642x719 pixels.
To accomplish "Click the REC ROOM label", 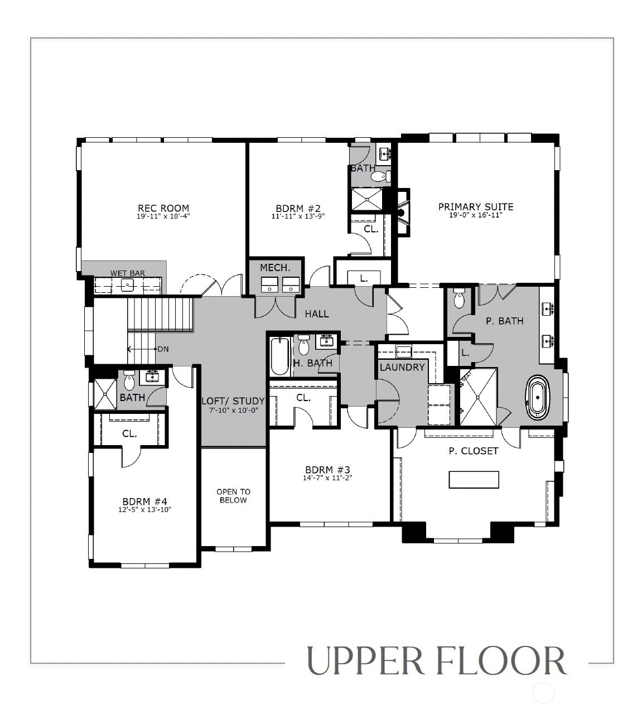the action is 163,208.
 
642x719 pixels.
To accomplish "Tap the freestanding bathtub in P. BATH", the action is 538,398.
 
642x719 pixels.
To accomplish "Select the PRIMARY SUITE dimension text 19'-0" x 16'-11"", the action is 476,215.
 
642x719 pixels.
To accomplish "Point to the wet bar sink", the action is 127,284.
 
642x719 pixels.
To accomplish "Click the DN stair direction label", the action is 163,349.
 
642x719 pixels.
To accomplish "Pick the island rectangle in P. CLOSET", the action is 474,480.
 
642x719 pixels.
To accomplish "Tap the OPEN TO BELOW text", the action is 233,496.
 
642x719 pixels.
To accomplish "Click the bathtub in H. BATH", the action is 279,356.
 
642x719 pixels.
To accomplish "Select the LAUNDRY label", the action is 402,367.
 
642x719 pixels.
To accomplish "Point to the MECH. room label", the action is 275,268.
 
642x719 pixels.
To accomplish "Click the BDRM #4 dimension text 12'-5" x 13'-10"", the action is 145,510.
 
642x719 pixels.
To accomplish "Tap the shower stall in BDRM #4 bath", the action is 105,394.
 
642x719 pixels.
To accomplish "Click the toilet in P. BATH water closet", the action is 459,299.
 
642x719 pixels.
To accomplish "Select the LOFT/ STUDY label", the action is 233,400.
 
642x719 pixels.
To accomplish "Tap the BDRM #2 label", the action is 298,208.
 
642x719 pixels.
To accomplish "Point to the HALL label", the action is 317,313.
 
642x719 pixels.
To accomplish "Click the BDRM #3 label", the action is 327,470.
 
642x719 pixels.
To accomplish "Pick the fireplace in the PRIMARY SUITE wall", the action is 402,212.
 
